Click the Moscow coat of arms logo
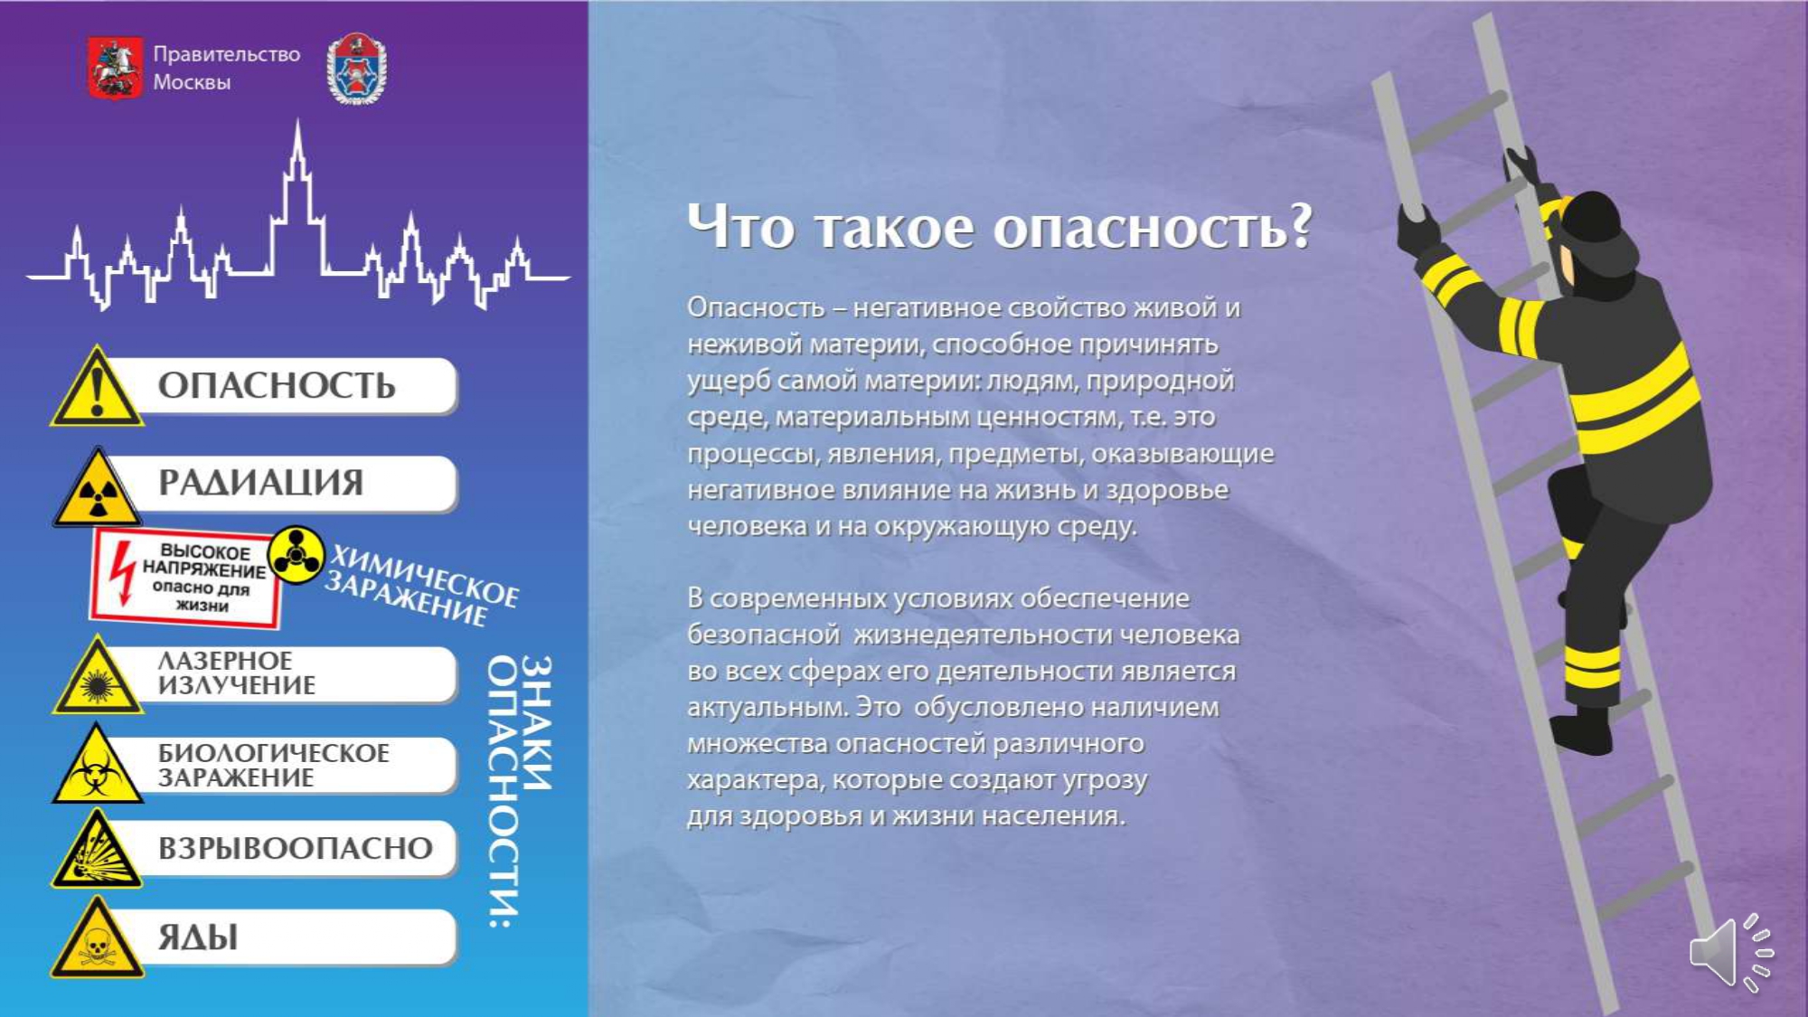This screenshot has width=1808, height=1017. point(115,67)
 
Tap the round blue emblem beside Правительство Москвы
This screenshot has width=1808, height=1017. point(356,69)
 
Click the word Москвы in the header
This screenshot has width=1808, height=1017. point(192,82)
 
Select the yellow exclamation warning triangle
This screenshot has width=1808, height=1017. point(97,386)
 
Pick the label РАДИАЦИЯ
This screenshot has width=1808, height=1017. point(260,483)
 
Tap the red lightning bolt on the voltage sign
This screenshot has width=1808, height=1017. point(120,574)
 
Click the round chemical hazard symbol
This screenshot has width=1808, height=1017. point(296,554)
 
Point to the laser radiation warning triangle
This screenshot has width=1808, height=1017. point(98,676)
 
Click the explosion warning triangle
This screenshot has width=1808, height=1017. point(97,850)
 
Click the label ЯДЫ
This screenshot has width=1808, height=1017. point(198,937)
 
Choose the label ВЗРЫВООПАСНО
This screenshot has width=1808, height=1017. point(296,848)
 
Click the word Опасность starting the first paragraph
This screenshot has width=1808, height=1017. point(756,308)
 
